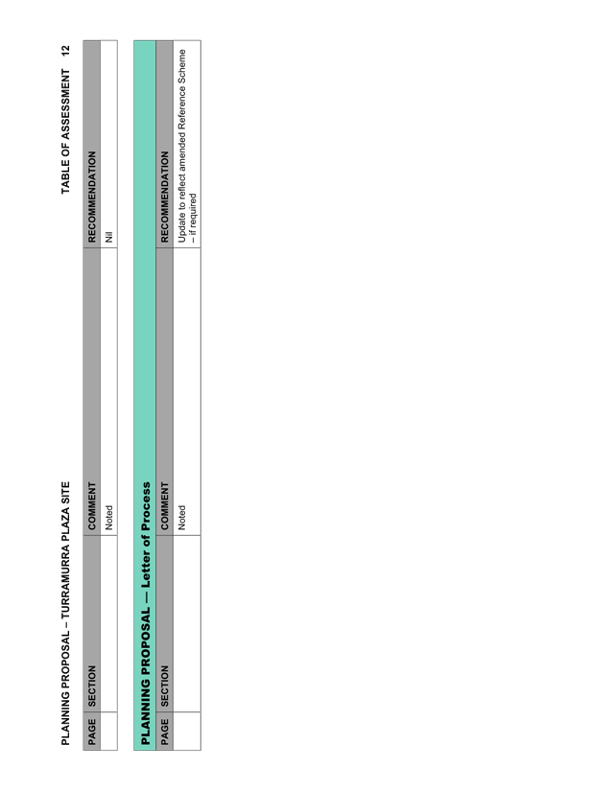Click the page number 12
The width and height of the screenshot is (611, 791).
tap(65, 51)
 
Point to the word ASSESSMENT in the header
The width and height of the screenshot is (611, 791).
tap(65, 105)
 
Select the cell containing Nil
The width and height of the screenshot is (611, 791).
tap(108, 144)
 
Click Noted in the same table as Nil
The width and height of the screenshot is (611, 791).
tap(109, 518)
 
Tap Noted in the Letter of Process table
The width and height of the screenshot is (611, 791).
tap(181, 518)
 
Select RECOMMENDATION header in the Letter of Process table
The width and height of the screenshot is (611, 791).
tap(164, 197)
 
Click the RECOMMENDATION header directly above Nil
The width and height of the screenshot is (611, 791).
tap(92, 197)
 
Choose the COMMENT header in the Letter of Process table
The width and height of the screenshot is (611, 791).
tap(164, 506)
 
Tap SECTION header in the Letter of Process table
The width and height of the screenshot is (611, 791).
tap(164, 686)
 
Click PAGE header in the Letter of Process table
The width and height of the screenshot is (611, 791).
tap(164, 732)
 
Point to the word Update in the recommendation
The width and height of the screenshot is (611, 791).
tap(181, 229)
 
